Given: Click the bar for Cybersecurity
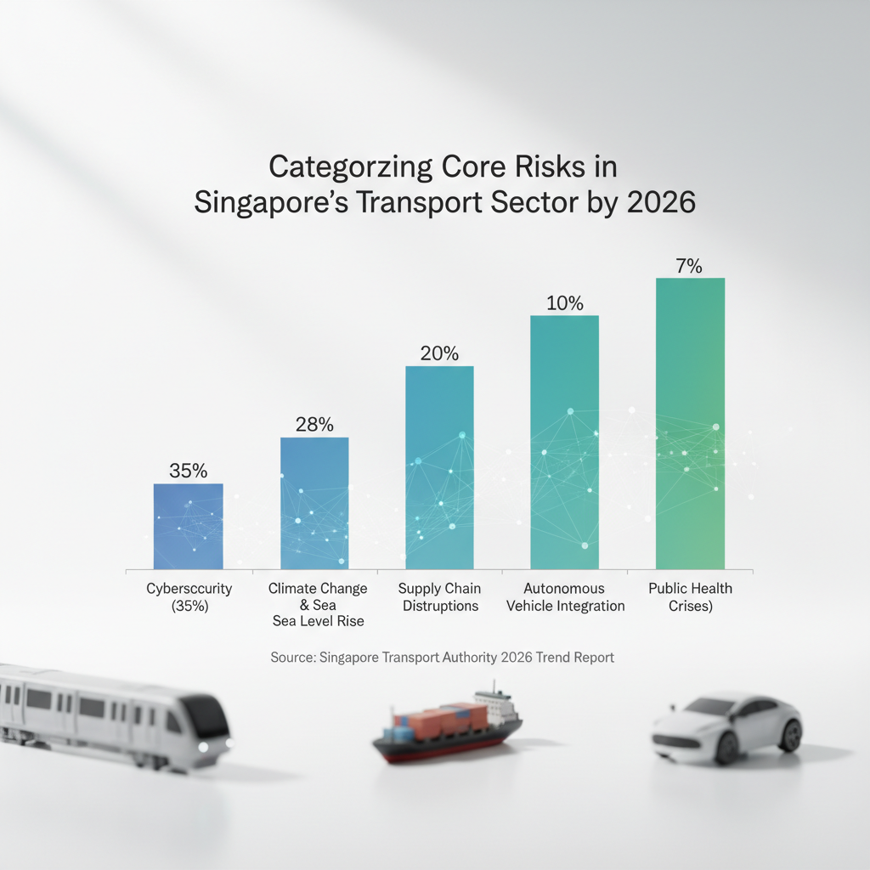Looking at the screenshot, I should [x=188, y=527].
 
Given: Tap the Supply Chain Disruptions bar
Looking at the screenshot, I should [x=439, y=467].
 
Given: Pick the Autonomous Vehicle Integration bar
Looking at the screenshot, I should [x=564, y=442].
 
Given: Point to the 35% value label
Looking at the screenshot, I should [x=188, y=471].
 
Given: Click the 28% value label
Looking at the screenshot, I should [x=314, y=425].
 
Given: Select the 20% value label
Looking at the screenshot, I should [x=439, y=353].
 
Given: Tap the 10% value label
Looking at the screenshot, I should [x=564, y=303].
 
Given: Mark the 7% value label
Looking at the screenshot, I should [x=689, y=266].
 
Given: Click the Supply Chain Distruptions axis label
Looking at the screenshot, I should [x=439, y=597].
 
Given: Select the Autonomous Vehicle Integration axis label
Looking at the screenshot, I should [x=563, y=597].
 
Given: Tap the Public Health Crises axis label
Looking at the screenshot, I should [x=690, y=597].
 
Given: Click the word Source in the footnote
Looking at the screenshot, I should [x=292, y=658].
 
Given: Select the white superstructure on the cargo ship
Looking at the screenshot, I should [x=494, y=703].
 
